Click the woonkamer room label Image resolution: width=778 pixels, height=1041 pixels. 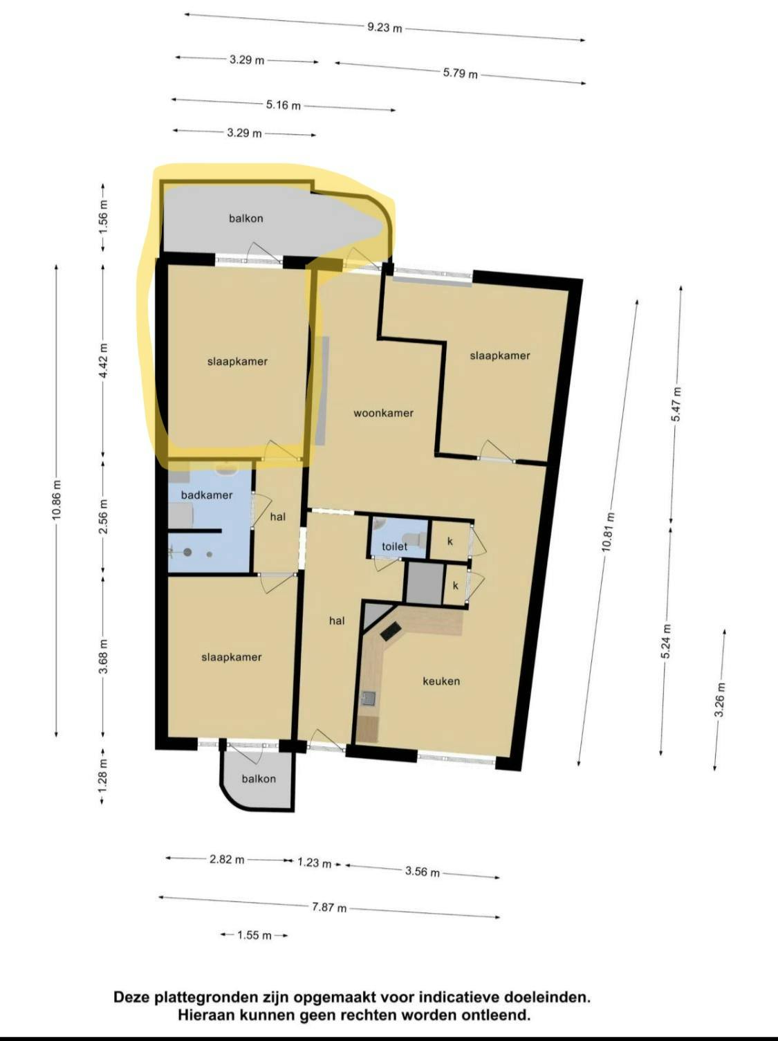tap(383, 413)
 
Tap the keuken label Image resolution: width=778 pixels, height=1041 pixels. tap(441, 681)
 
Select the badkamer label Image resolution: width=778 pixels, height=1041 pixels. tap(207, 495)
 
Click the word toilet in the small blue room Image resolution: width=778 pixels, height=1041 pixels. tap(394, 546)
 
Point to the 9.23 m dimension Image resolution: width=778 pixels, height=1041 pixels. tap(385, 28)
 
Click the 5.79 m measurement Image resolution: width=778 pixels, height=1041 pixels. tap(460, 73)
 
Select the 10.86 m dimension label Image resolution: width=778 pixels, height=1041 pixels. tap(56, 500)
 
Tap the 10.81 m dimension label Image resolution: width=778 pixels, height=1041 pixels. tap(607, 532)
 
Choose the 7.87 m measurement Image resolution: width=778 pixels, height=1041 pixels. tap(329, 907)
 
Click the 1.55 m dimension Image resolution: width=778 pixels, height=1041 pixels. tap(254, 935)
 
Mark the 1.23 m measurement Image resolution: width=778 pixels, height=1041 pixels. tap(314, 863)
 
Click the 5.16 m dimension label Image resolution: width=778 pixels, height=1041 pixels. tap(284, 105)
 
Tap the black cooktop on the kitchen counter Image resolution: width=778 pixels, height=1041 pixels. tap(390, 630)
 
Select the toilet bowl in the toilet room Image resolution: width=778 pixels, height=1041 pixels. tap(416, 539)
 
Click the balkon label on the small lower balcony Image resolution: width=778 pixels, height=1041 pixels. tap(259, 779)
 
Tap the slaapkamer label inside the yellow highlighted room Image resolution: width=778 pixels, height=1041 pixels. tap(237, 362)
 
